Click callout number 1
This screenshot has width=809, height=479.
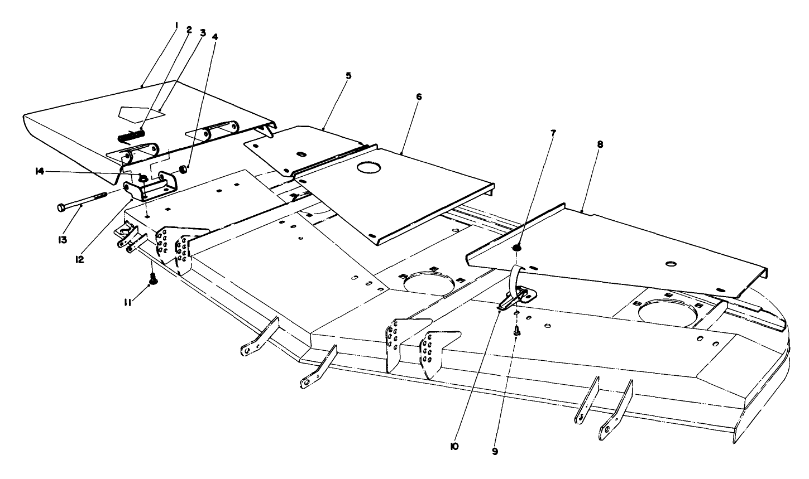[x=175, y=25]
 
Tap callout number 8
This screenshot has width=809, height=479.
[x=600, y=143]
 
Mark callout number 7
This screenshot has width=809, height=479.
[x=554, y=133]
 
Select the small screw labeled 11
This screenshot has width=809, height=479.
[x=152, y=277]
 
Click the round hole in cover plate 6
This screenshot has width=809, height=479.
[x=368, y=167]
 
